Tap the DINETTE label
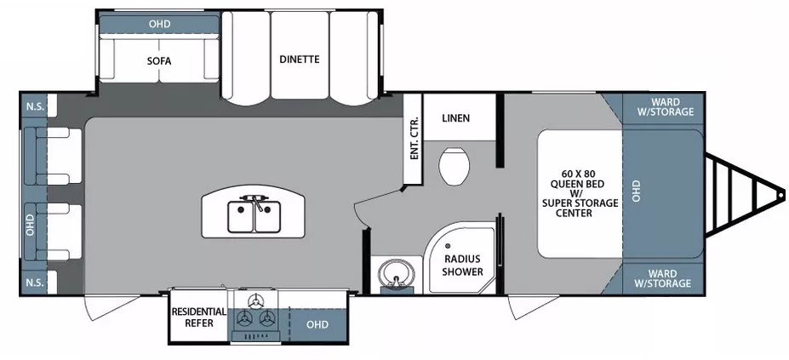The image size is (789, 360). pyautogui.click(x=300, y=60)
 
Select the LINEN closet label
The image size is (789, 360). pyautogui.click(x=455, y=118)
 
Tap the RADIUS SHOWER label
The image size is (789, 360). pyautogui.click(x=462, y=266)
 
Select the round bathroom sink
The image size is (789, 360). pyautogui.click(x=395, y=274)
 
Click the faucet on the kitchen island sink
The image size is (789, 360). pyautogui.click(x=253, y=201)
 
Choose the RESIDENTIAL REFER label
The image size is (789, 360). pyautogui.click(x=198, y=317)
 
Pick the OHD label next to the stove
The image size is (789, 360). pyautogui.click(x=317, y=324)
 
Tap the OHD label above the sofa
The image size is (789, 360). pyautogui.click(x=159, y=24)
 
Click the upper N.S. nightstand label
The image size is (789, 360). pyautogui.click(x=35, y=106)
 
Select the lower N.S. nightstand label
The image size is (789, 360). pyautogui.click(x=35, y=282)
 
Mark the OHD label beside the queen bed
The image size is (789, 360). pyautogui.click(x=635, y=191)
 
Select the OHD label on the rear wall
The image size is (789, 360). pyautogui.click(x=30, y=225)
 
